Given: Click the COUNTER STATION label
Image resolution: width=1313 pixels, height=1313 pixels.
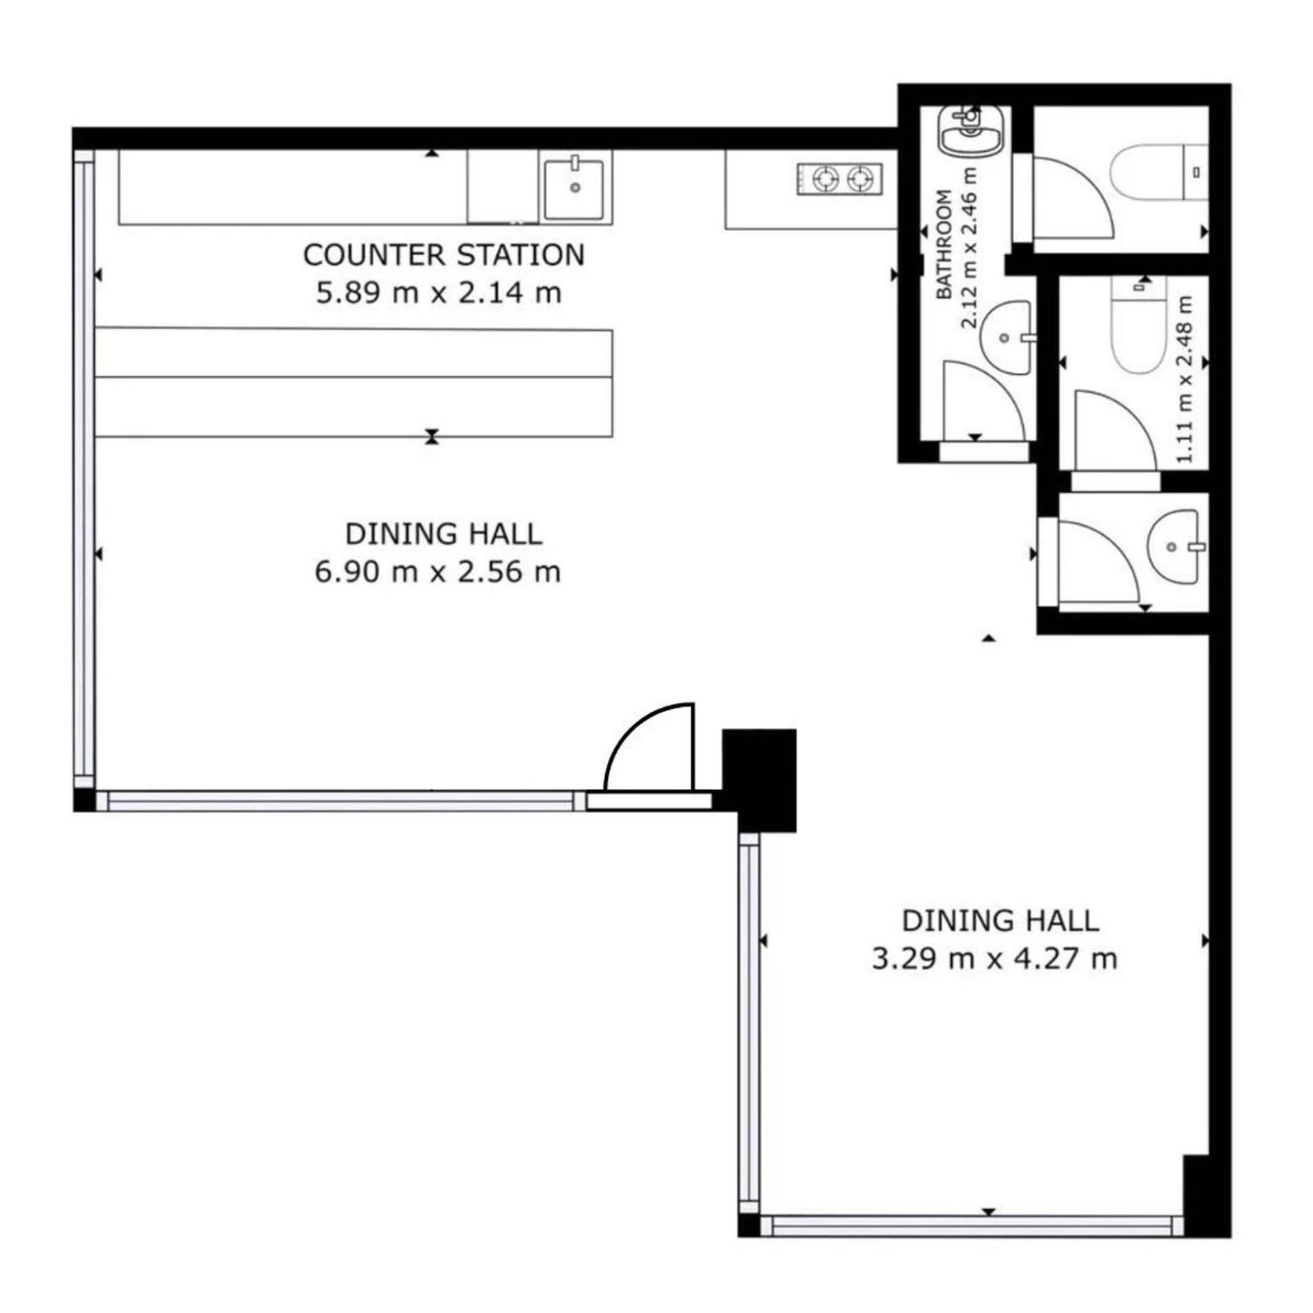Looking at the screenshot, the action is (x=444, y=255).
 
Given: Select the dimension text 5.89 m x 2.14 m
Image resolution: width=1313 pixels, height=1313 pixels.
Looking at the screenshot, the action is (x=438, y=293).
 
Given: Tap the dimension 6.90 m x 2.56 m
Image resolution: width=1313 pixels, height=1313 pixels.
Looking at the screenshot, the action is (x=438, y=571).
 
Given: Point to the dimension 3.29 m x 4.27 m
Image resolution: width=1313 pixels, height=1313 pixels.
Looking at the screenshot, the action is (x=994, y=958).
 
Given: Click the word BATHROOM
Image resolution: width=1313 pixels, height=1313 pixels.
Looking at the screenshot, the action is (x=944, y=244).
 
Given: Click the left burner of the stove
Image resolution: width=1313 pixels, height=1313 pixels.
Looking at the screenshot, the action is (x=826, y=179).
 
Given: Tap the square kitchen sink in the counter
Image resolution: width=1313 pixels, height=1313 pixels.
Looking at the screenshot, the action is (x=575, y=188).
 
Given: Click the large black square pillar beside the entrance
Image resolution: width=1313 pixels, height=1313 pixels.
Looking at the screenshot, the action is (x=759, y=780).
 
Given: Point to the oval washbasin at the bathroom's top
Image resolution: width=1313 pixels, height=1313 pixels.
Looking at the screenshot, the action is (x=971, y=130).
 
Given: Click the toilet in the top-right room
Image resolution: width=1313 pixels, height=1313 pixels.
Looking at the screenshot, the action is (x=1158, y=172).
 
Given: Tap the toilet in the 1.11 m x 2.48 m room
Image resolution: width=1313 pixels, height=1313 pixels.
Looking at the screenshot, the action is (x=1138, y=324).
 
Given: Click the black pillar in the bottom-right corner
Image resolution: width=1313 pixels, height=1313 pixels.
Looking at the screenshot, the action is (x=1206, y=1195).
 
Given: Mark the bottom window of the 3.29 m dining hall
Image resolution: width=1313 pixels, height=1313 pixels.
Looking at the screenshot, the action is (x=972, y=1225).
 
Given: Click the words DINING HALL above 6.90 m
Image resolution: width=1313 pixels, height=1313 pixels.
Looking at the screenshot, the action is (x=443, y=534).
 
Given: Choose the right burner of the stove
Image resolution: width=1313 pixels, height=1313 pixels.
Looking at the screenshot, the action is (x=860, y=179).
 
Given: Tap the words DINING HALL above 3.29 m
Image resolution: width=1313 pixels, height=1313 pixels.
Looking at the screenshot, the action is (x=1000, y=921).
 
